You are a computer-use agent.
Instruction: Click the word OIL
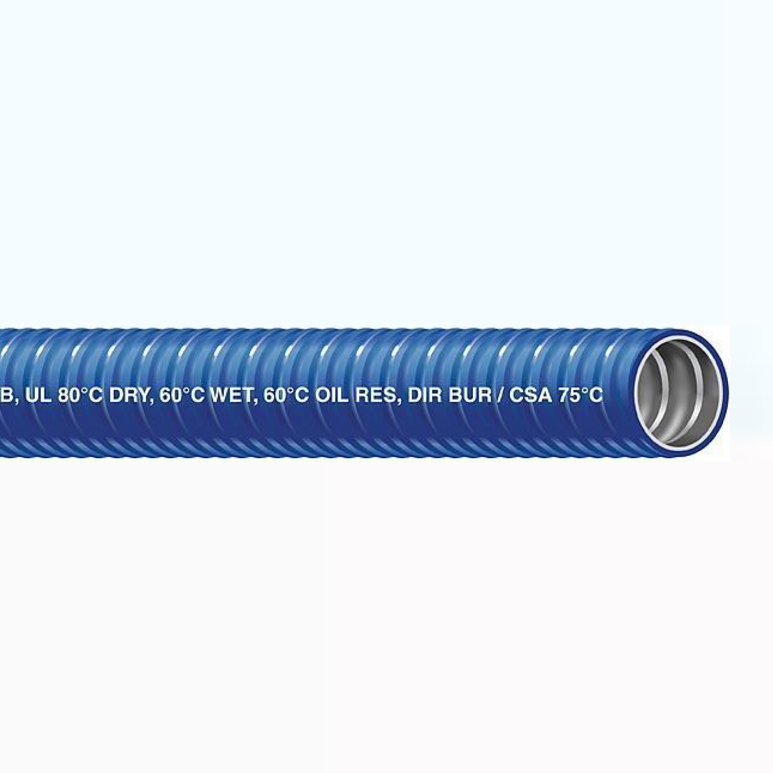tap(331, 395)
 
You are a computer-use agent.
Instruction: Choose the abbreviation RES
tap(373, 395)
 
